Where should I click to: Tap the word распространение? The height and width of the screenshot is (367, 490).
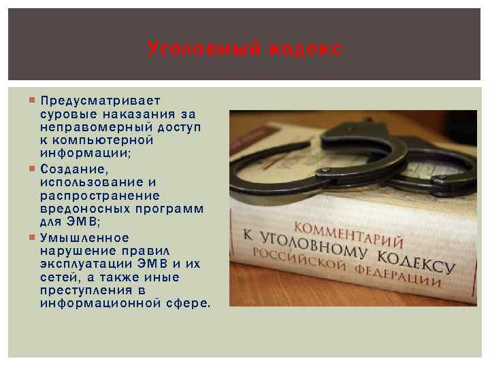point(101,195)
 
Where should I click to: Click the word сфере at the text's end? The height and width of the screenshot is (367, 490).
point(189,302)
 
